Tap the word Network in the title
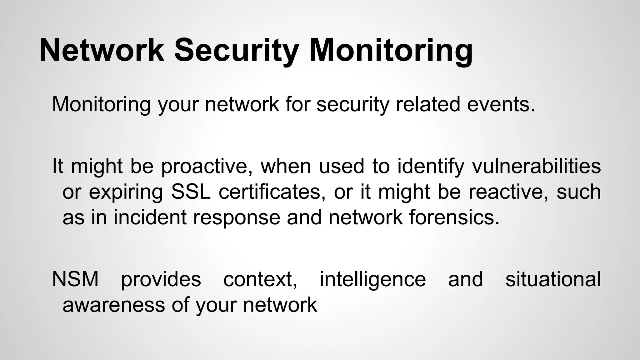(x=102, y=51)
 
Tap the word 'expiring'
(x=126, y=192)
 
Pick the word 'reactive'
(x=508, y=192)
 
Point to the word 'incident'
(x=150, y=217)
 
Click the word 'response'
(x=237, y=217)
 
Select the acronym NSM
(x=75, y=279)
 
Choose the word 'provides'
(x=161, y=279)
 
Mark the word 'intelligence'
(x=372, y=279)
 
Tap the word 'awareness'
(x=113, y=305)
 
